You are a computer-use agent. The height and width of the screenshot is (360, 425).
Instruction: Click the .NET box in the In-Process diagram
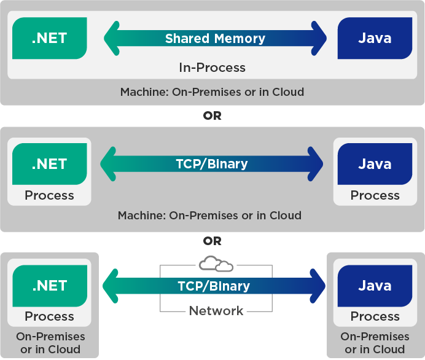pos(49,38)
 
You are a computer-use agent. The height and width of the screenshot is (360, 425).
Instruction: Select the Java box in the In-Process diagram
pos(375,38)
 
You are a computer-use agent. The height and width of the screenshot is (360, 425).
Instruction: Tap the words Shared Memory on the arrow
pos(215,39)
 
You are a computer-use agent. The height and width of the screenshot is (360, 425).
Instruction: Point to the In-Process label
pos(212,68)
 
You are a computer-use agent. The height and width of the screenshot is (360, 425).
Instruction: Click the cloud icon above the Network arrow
pos(216,264)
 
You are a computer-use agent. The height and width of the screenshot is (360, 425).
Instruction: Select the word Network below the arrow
pos(216,311)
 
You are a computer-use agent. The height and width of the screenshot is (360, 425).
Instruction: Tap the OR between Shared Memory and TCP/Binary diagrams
pos(212,115)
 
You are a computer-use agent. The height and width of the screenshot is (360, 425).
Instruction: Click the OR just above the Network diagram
pos(212,241)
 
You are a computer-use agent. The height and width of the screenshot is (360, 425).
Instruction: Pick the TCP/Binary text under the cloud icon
pos(213,286)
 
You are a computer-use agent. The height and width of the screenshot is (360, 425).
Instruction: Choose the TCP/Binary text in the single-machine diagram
pos(212,164)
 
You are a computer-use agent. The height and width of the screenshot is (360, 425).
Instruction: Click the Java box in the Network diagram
pos(375,286)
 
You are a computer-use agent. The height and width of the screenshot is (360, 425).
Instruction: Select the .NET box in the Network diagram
pos(49,286)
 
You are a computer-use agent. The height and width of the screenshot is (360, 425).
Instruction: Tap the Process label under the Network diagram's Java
pos(375,316)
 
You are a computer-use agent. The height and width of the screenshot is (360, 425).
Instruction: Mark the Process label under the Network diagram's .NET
pos(49,316)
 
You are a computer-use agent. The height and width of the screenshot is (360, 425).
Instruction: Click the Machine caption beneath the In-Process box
pos(212,92)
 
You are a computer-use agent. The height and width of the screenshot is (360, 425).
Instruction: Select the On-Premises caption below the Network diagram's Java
pos(375,343)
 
